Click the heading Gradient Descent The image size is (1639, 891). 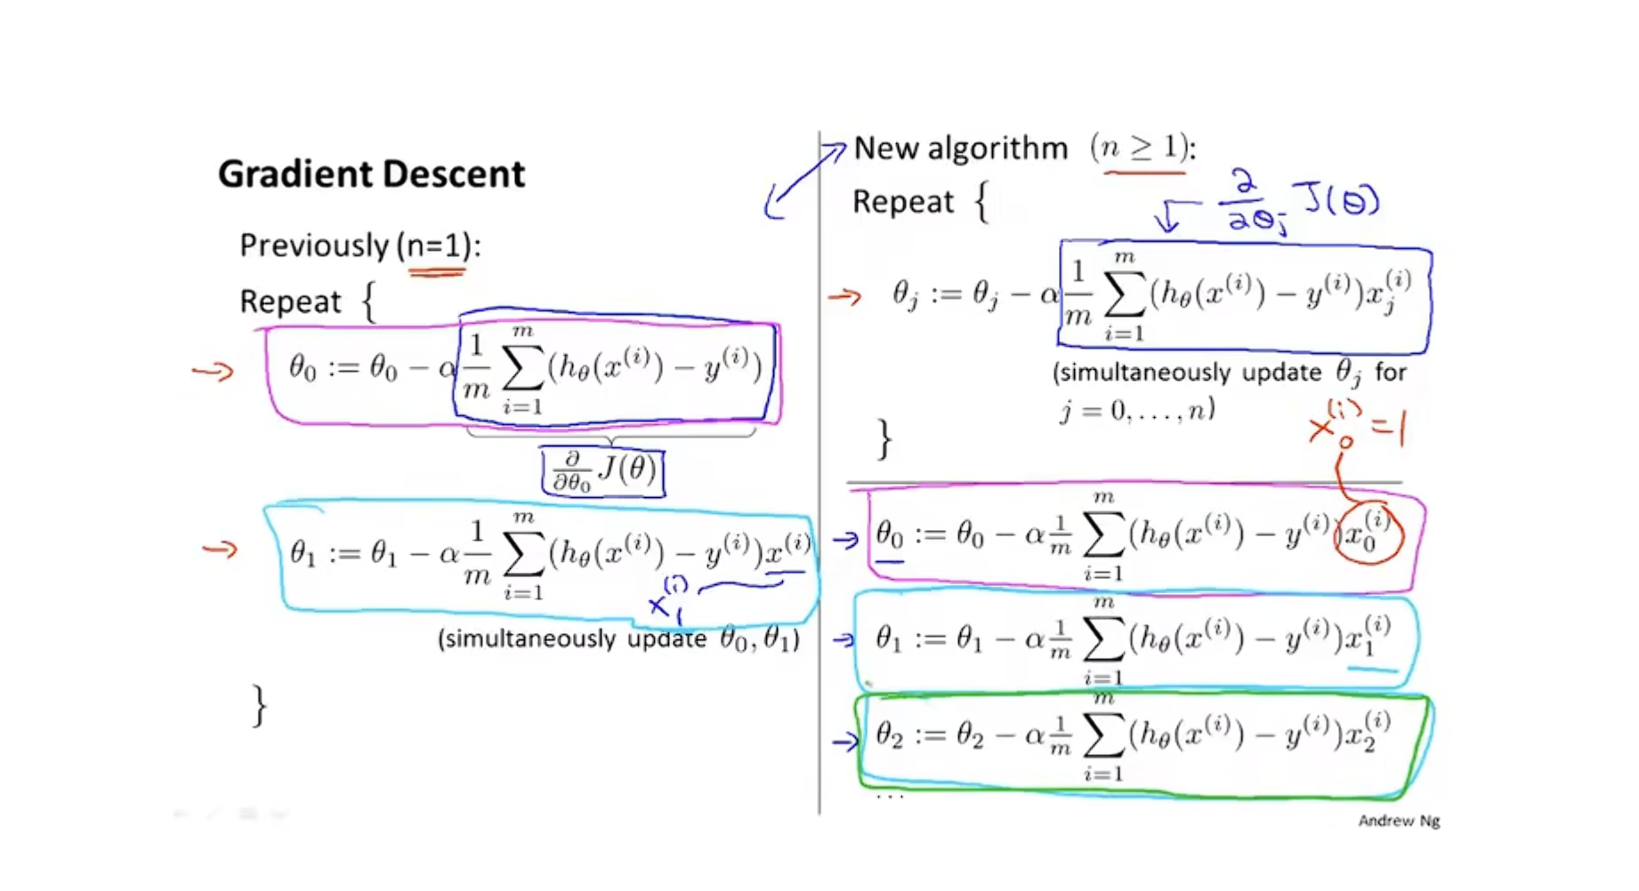point(371,173)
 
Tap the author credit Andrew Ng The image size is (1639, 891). point(1398,821)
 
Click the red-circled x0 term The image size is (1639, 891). point(1369,534)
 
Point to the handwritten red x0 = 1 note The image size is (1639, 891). point(1357,426)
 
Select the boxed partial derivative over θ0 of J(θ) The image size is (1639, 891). point(603,471)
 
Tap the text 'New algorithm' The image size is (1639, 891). point(960,148)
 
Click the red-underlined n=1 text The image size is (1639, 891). point(436,245)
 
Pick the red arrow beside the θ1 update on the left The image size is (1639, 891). point(220,550)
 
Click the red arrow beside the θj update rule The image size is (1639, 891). point(844,296)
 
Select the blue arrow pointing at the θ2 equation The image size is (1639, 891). point(844,740)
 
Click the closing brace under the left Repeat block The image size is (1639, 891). point(259,705)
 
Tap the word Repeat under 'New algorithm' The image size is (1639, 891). point(902,202)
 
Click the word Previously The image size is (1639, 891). point(314,245)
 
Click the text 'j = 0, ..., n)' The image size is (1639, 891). point(1136,411)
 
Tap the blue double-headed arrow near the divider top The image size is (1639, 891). point(803,181)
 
